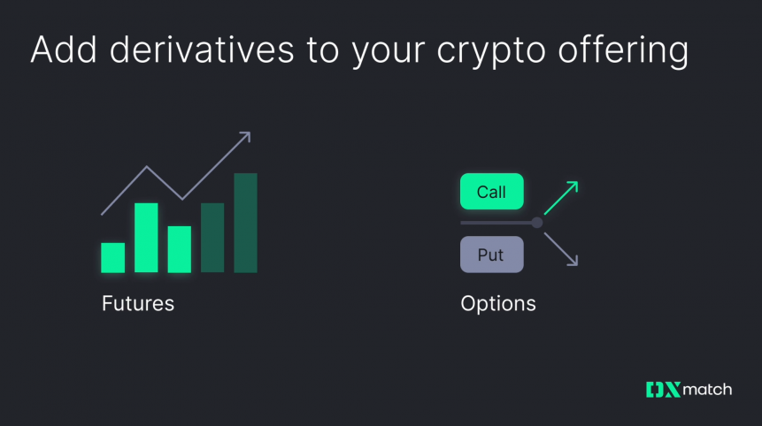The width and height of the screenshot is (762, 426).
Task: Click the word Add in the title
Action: (60, 49)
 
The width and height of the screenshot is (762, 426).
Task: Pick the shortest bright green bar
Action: (112, 257)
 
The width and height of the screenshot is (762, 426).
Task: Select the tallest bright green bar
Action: (146, 238)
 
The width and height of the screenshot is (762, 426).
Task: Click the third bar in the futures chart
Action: (180, 249)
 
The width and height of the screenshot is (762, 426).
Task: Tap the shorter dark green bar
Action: (212, 238)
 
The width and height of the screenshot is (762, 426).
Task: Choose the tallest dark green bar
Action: (245, 223)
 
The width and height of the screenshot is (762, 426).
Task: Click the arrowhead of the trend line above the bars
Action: (245, 137)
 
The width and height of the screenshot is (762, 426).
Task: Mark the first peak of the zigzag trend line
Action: (147, 167)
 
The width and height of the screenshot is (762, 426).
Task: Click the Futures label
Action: (138, 303)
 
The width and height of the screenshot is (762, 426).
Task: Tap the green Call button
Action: (491, 192)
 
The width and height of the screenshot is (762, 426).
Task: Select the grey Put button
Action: (491, 255)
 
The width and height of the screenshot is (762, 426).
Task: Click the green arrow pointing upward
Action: (561, 197)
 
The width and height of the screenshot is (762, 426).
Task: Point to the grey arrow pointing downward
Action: (561, 249)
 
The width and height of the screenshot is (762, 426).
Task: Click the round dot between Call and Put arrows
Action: (536, 223)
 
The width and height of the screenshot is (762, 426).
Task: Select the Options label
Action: (497, 303)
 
